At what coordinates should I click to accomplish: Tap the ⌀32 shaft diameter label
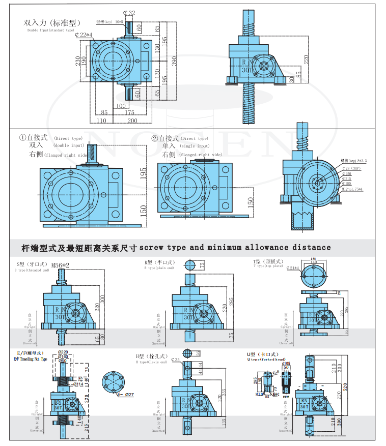point(129,13)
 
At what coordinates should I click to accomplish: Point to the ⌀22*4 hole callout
point(84,35)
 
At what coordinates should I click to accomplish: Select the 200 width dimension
point(132,121)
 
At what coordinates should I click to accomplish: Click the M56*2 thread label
point(61,265)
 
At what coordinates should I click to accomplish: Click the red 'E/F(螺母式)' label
point(29,353)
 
